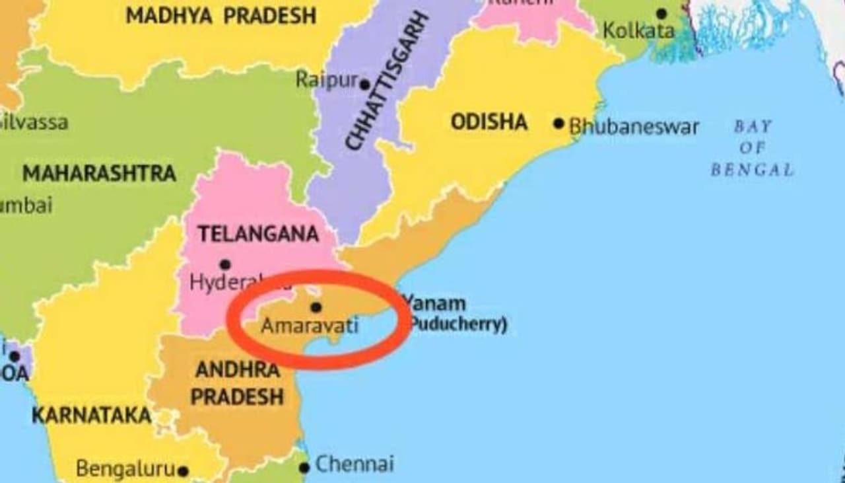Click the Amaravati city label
pyautogui.click(x=310, y=326)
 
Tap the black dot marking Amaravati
pyautogui.click(x=316, y=307)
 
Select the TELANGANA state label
pyautogui.click(x=258, y=234)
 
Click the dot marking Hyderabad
pyautogui.click(x=225, y=265)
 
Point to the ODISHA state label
pyautogui.click(x=489, y=122)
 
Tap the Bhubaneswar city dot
pyautogui.click(x=559, y=124)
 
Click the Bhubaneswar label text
pyautogui.click(x=634, y=127)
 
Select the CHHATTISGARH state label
pyautogui.click(x=388, y=80)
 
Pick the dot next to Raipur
pyautogui.click(x=364, y=85)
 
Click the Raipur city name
pyautogui.click(x=326, y=80)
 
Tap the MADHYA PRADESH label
pyautogui.click(x=220, y=16)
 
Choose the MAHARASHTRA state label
pyautogui.click(x=99, y=174)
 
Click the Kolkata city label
pyautogui.click(x=638, y=30)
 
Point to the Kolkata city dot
pyautogui.click(x=661, y=14)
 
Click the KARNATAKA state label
pyautogui.click(x=91, y=416)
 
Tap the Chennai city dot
pyautogui.click(x=304, y=468)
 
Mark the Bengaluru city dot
pyautogui.click(x=183, y=472)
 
